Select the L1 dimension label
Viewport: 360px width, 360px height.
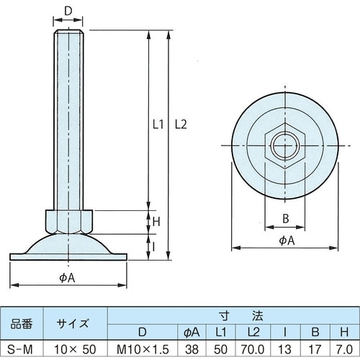(x=160, y=124)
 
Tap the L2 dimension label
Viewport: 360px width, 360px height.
(x=181, y=124)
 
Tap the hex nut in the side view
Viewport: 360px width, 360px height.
(x=68, y=220)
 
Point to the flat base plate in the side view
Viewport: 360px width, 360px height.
(x=68, y=256)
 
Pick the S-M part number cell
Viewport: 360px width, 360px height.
(x=22, y=348)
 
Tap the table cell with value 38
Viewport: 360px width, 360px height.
(x=192, y=348)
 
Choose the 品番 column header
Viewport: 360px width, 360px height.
(x=22, y=323)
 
